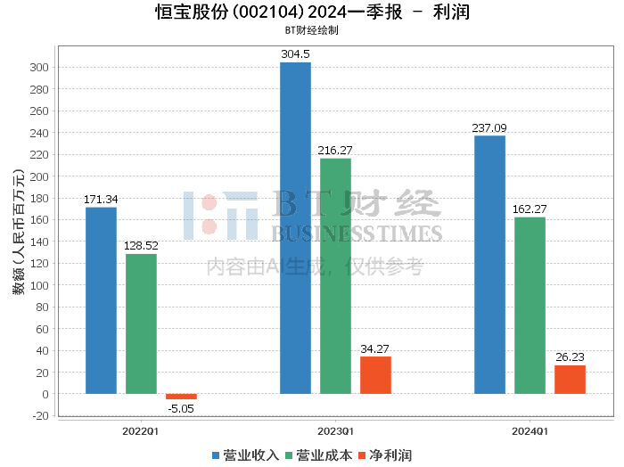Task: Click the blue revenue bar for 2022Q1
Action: [x=101, y=300]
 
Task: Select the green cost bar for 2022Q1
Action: [x=141, y=324]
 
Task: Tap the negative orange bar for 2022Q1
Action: [x=181, y=397]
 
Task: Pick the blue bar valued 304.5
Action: [x=295, y=228]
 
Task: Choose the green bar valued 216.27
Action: [x=335, y=276]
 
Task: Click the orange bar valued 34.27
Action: [x=375, y=375]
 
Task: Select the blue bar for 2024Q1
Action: [x=489, y=265]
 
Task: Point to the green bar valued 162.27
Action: [x=530, y=306]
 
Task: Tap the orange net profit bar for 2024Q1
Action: [x=570, y=380]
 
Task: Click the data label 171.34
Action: [x=101, y=199]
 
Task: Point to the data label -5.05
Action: [x=181, y=409]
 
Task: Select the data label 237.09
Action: [x=489, y=127]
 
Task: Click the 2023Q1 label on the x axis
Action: [x=335, y=430]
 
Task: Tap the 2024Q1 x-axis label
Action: [x=530, y=430]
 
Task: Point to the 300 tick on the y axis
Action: [x=40, y=68]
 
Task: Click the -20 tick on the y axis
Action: [x=40, y=416]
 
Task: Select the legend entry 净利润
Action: [x=384, y=455]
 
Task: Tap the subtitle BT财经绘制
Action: [x=311, y=29]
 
